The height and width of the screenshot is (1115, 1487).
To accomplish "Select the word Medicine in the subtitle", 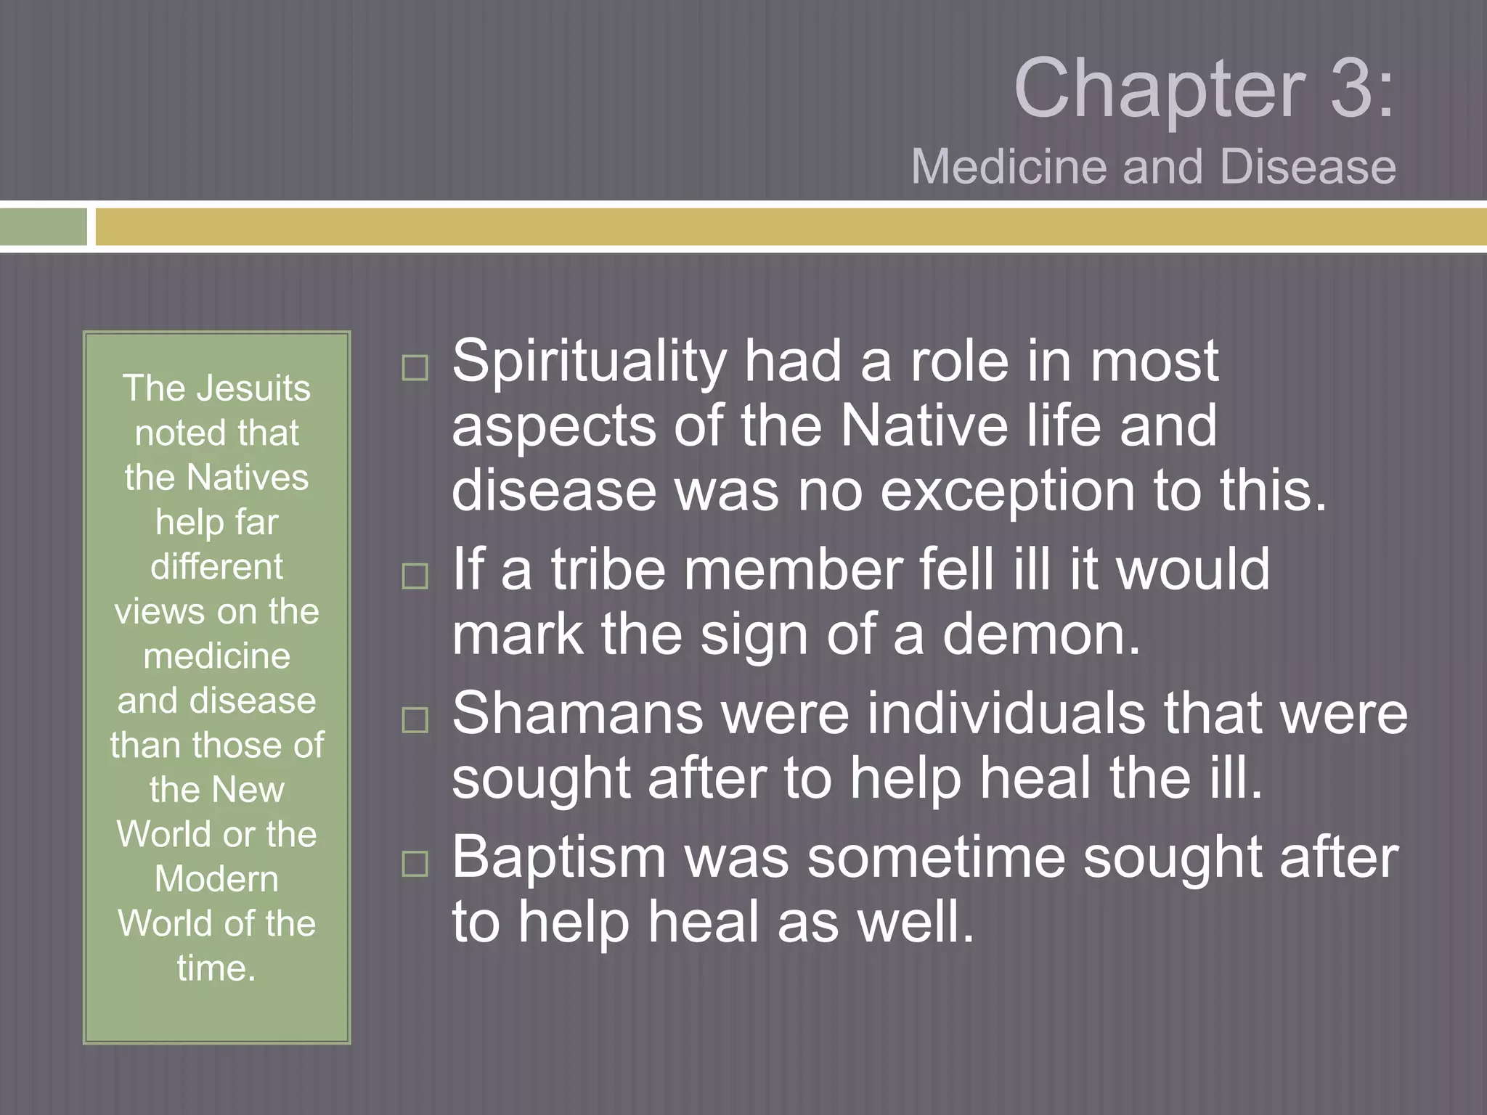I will [x=1009, y=167].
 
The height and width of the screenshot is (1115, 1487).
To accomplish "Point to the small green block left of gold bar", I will [x=44, y=227].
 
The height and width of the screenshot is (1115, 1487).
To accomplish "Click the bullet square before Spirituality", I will [x=415, y=368].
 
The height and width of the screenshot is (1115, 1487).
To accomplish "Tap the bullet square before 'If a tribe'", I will [x=415, y=576].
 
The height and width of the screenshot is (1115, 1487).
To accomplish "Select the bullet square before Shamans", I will [x=415, y=720].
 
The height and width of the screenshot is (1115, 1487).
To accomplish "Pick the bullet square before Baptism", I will [x=415, y=864].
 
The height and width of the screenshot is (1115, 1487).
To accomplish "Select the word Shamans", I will [x=577, y=714].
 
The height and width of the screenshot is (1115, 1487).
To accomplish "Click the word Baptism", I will [x=559, y=857].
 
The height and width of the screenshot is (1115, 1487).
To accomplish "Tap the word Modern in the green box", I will [x=216, y=879].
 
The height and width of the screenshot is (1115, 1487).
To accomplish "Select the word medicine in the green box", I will [x=216, y=656].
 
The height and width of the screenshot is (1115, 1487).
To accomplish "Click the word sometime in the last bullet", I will [x=936, y=857].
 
